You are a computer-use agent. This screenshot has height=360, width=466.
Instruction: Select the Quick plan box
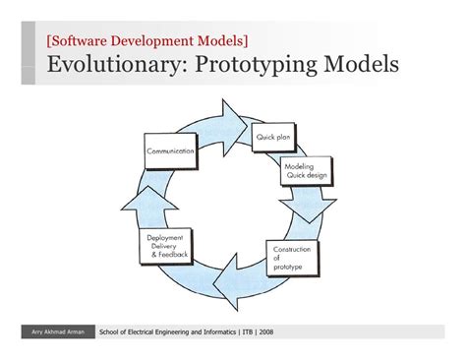point(274,139)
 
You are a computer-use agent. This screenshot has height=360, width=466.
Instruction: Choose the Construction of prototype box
point(293,258)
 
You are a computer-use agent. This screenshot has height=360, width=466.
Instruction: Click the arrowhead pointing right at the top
point(236,118)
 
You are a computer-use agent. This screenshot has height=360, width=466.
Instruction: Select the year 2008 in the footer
point(264,331)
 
